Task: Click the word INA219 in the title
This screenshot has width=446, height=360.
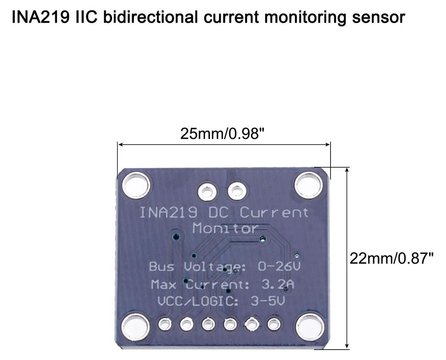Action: coord(41,17)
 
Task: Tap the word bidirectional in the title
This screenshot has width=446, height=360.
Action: coord(150,17)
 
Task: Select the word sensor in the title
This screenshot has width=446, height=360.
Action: coord(378,17)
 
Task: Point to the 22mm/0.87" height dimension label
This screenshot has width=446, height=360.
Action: coord(392,259)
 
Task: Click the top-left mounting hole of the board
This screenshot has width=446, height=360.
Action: coord(136,186)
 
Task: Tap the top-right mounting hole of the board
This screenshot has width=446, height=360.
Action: coord(309,185)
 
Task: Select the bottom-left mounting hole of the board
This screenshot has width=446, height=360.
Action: coord(135,327)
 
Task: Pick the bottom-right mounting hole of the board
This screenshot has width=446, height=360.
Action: coord(310,327)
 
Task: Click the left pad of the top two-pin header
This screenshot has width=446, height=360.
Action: coord(207,191)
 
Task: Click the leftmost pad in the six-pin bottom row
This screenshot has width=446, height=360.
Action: coord(165,324)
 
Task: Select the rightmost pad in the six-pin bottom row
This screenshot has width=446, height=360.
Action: coord(274,324)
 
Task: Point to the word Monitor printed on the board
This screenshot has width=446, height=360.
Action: coord(225,228)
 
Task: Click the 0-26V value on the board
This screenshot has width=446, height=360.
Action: coord(279,266)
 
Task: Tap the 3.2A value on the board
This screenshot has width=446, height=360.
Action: coord(277,284)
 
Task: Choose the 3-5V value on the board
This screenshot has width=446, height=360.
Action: coord(268,301)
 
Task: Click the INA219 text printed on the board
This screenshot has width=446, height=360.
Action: coord(168,212)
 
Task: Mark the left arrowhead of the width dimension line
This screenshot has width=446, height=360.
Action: coord(120,145)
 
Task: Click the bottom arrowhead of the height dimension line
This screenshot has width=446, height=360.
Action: coord(347,346)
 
